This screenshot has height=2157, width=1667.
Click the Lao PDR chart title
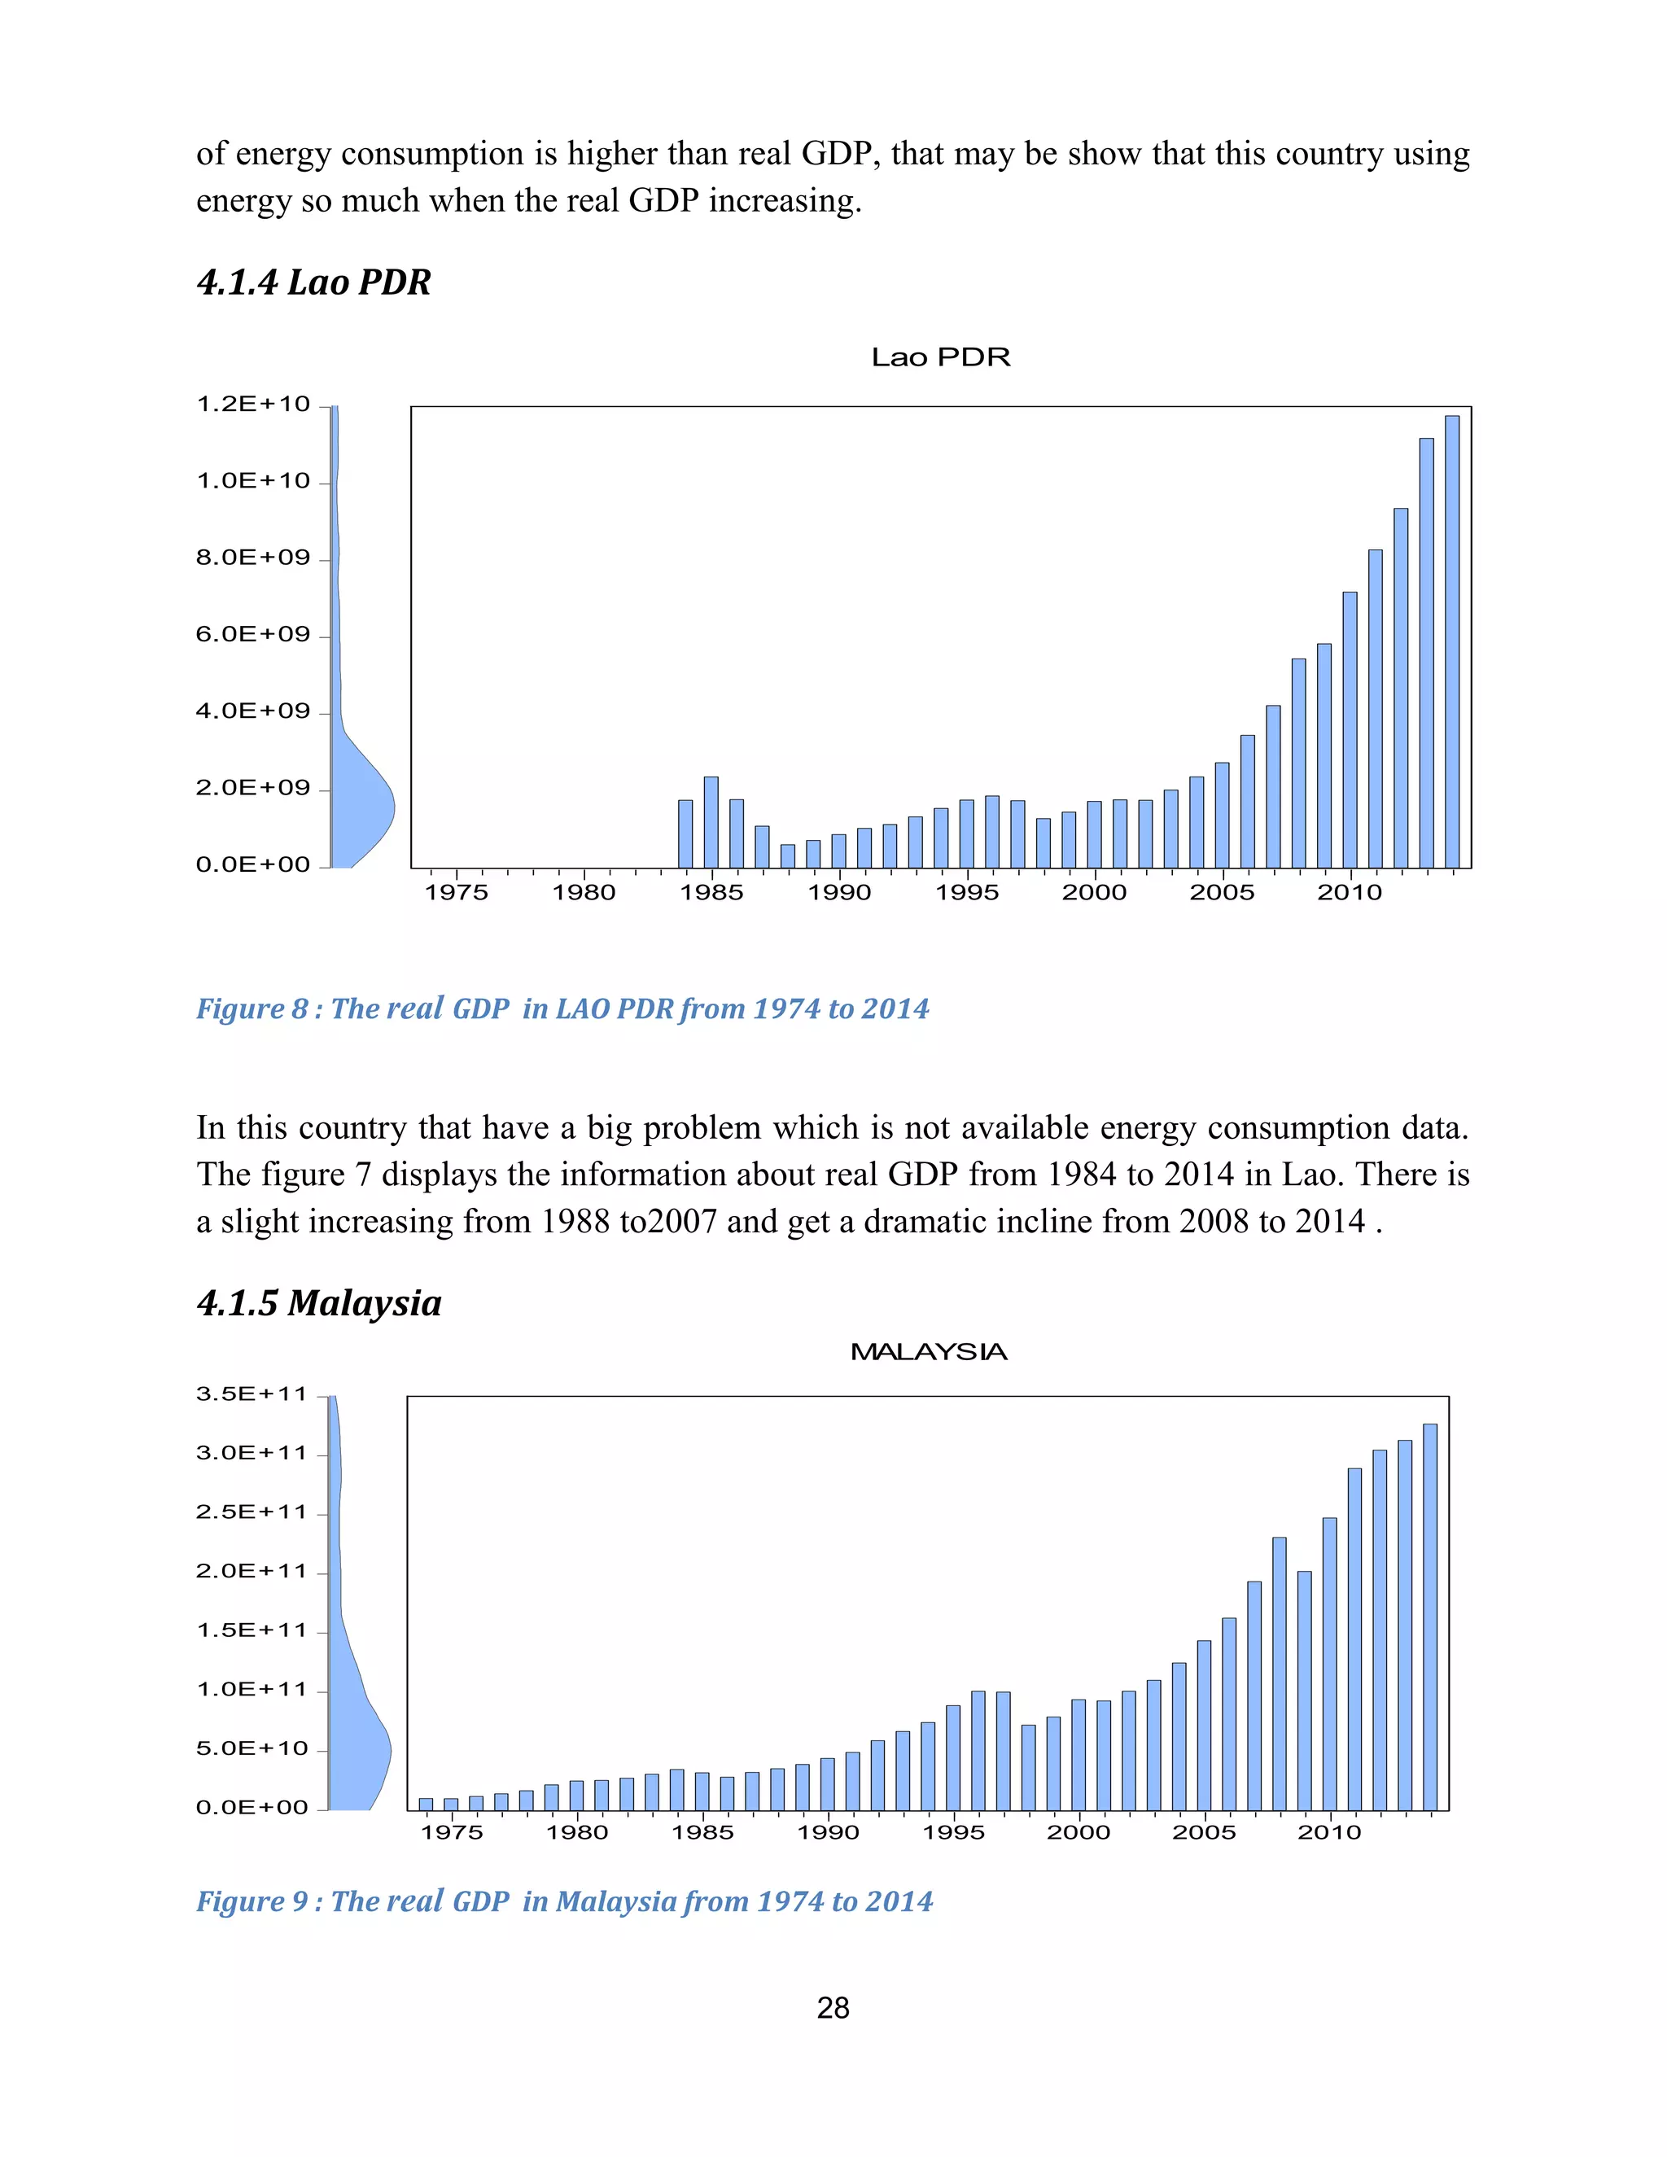click(x=940, y=357)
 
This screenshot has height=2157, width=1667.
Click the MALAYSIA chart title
click(x=928, y=1352)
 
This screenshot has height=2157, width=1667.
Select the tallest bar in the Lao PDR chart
click(x=1452, y=642)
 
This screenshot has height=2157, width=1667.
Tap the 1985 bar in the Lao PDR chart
click(x=711, y=822)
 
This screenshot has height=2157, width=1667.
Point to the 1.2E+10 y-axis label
click(x=253, y=404)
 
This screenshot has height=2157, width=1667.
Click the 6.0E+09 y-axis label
click(x=253, y=634)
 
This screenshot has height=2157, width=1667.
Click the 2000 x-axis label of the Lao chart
click(x=1094, y=893)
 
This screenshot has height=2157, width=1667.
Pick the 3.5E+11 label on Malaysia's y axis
click(x=252, y=1394)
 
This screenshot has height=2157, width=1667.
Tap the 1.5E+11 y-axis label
click(x=252, y=1630)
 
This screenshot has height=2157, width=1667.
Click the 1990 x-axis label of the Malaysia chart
click(x=828, y=1833)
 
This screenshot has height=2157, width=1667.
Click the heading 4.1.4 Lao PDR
click(x=314, y=282)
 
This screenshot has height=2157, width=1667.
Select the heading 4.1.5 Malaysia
click(x=319, y=1304)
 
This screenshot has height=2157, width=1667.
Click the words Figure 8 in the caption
click(x=252, y=1009)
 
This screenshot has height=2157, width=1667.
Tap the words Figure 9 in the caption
click(x=252, y=1902)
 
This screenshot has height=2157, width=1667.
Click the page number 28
click(x=833, y=2008)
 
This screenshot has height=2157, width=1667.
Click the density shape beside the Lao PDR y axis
click(x=361, y=805)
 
